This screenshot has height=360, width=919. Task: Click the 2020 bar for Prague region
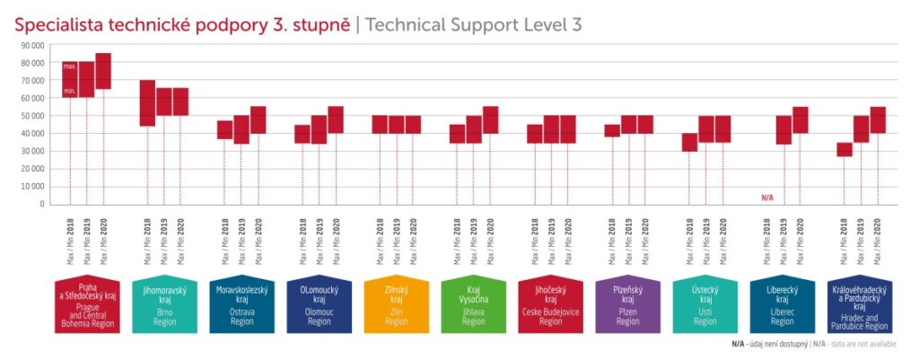(x=103, y=71)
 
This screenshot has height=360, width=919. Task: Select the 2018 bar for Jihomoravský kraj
(x=147, y=103)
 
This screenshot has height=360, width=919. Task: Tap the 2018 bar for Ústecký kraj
(x=689, y=142)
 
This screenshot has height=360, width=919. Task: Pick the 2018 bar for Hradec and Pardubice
(x=845, y=149)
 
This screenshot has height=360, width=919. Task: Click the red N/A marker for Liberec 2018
(x=767, y=198)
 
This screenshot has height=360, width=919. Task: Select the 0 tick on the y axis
(x=41, y=204)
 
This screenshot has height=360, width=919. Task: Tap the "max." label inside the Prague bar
(x=69, y=66)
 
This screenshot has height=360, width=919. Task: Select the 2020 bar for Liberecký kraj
(x=801, y=119)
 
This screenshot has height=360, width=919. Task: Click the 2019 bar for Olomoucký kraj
(x=319, y=129)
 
